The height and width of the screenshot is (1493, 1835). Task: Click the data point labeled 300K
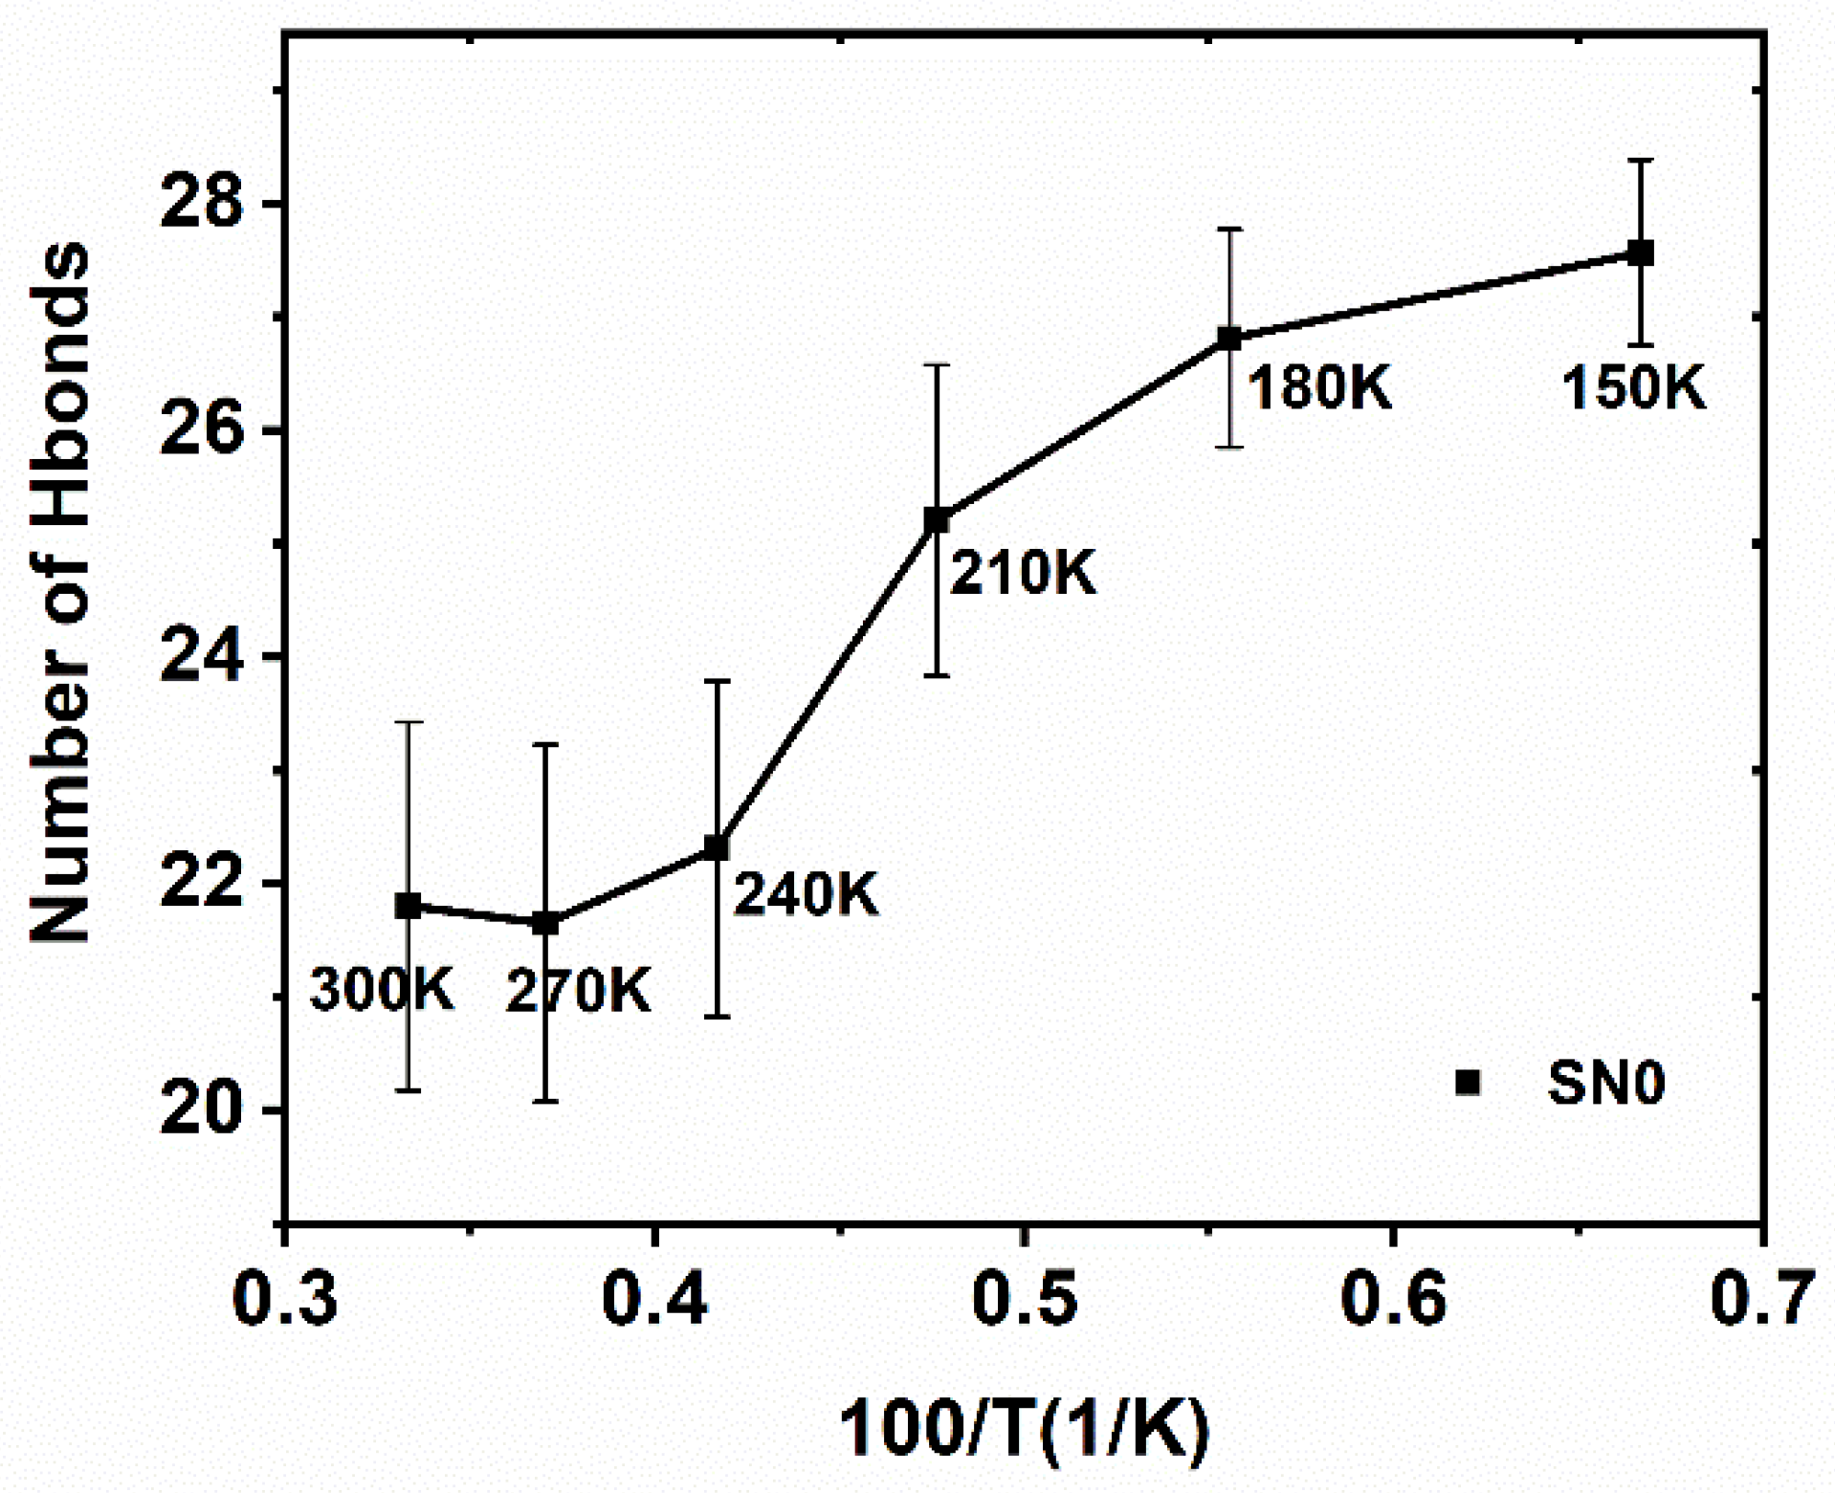tap(409, 905)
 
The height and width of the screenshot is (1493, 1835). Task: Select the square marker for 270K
tap(545, 923)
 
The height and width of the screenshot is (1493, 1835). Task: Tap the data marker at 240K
tap(717, 847)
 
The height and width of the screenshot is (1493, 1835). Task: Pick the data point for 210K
tap(937, 520)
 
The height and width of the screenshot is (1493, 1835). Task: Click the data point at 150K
tap(1641, 253)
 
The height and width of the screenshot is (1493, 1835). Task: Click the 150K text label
tap(1633, 389)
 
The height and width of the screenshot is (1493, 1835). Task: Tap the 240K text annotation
tap(806, 895)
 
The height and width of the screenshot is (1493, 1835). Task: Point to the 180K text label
tap(1319, 388)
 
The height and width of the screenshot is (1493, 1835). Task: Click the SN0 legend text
tap(1606, 1083)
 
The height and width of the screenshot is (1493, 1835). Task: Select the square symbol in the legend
tap(1468, 1082)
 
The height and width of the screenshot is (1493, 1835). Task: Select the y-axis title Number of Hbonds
tap(59, 593)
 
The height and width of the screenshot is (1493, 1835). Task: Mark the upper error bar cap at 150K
tap(1641, 161)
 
